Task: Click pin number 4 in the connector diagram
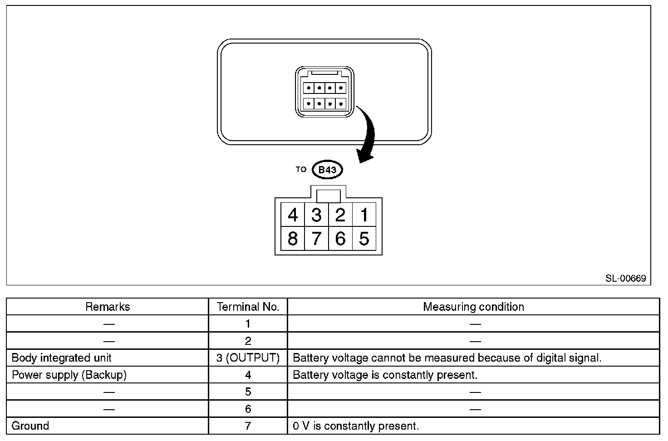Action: point(293,215)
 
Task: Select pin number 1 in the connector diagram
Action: point(364,215)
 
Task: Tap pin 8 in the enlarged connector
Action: point(293,239)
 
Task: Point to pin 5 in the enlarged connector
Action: point(364,239)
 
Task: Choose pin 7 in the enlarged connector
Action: point(316,239)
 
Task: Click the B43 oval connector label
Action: point(327,170)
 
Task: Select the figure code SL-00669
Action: point(625,278)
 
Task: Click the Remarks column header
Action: point(108,307)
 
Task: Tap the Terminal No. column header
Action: point(248,307)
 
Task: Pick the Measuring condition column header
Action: point(473,307)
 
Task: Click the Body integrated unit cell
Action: point(62,358)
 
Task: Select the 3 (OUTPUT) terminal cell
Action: point(248,358)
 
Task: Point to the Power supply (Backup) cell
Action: point(69,375)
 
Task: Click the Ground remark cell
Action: point(30,426)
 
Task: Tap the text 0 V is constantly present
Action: point(356,426)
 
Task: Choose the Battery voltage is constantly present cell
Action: point(385,375)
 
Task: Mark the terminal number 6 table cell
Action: point(248,409)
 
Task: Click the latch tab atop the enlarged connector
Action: point(329,196)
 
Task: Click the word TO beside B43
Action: point(301,169)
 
